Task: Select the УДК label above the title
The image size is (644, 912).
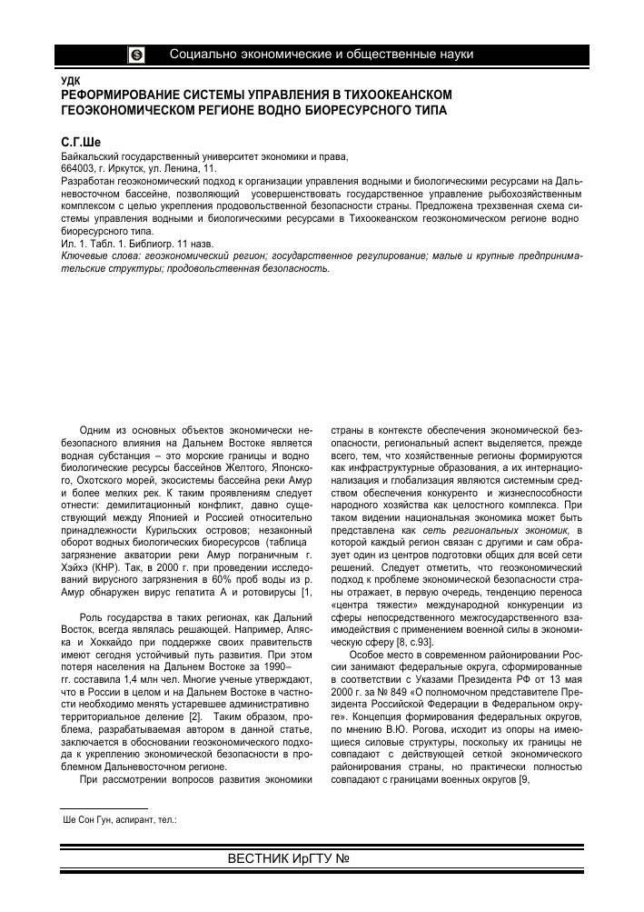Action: coord(69,82)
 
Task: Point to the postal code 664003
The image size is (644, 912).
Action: coord(79,169)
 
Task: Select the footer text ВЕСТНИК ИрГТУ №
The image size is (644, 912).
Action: coord(289,859)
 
